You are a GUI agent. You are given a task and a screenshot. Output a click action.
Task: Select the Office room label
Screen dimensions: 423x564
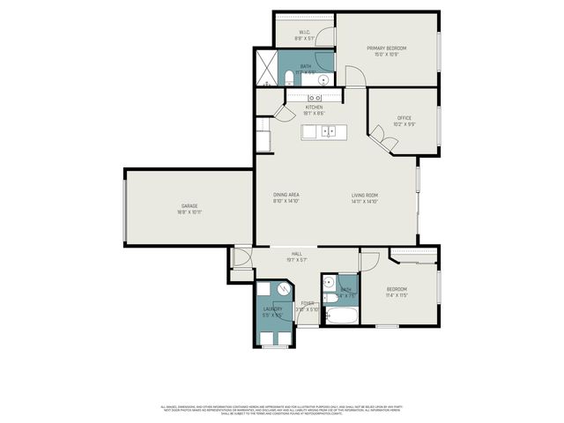[404, 118]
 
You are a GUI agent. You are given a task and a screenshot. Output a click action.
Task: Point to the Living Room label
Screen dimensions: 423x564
[365, 195]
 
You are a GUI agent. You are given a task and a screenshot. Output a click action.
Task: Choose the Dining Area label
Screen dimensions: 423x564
[286, 195]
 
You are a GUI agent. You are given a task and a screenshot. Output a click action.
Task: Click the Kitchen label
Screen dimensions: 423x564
[314, 108]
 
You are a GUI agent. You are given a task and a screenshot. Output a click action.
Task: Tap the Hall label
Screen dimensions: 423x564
[297, 254]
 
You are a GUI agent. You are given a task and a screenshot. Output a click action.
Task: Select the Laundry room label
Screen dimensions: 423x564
[273, 308]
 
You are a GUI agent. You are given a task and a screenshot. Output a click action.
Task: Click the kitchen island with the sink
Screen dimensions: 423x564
[325, 132]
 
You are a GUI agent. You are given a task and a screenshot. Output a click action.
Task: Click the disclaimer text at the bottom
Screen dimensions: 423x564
[282, 409]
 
